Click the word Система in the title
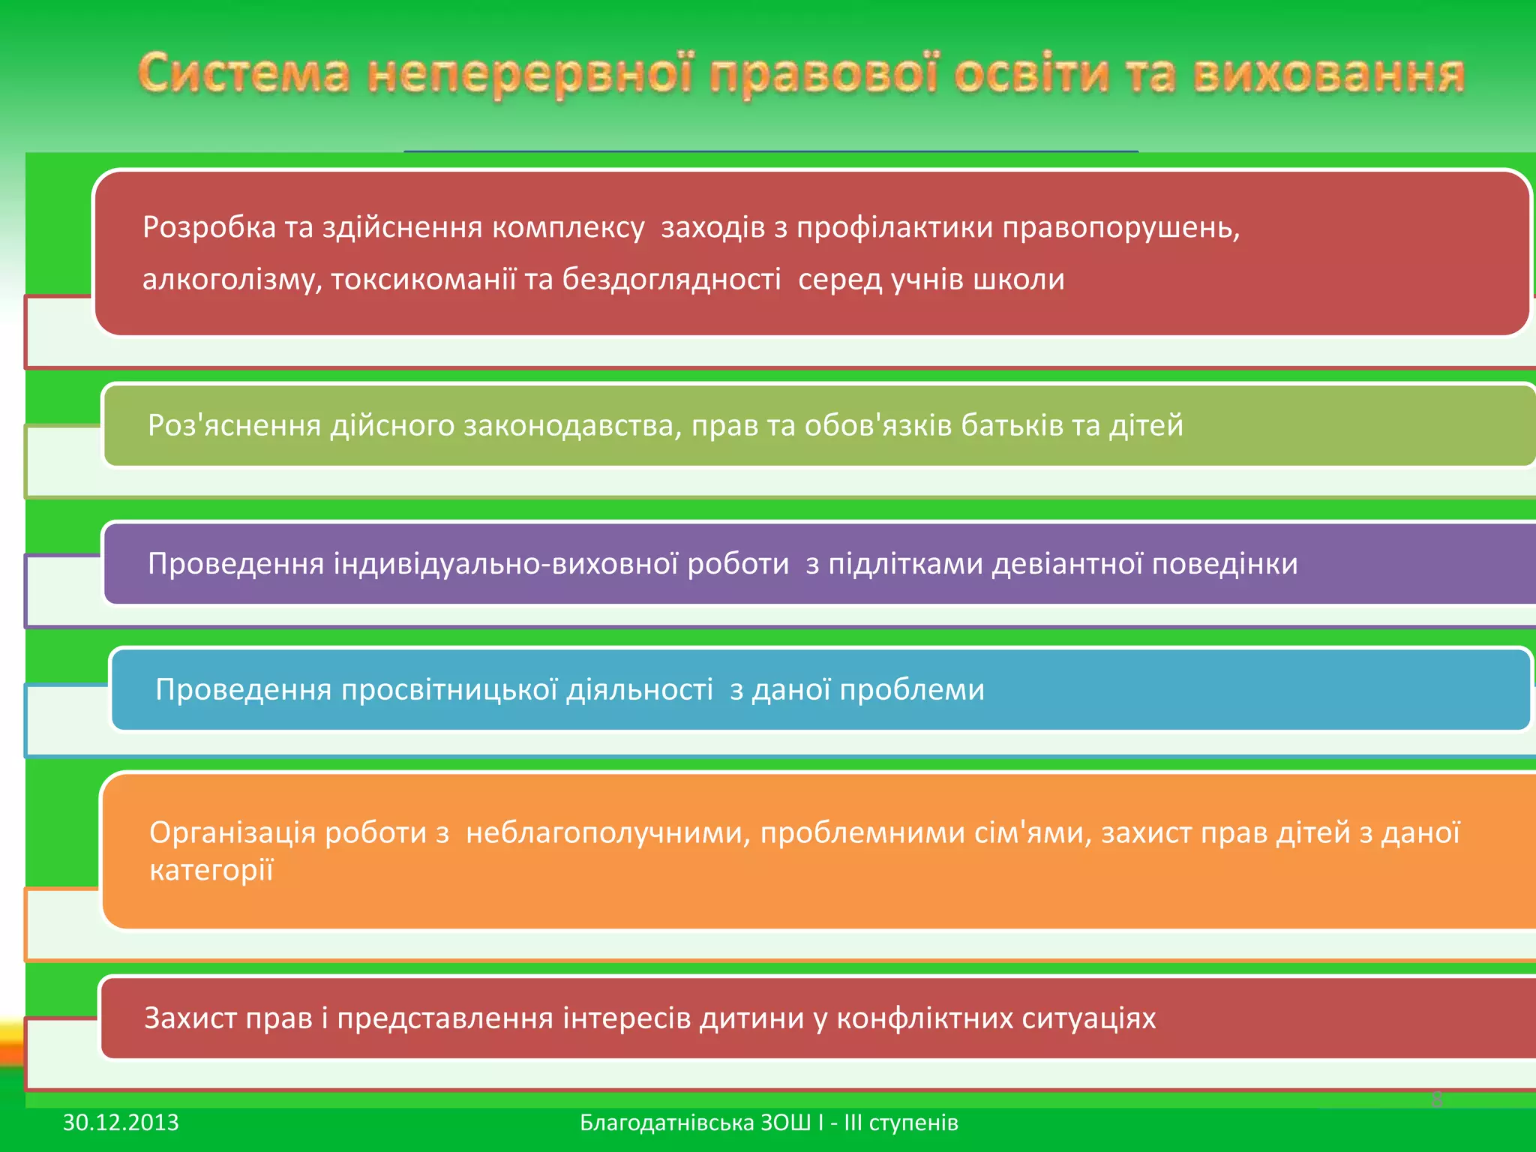click(x=244, y=75)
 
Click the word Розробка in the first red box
click(x=209, y=227)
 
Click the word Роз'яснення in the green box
click(x=234, y=425)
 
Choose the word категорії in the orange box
click(x=211, y=871)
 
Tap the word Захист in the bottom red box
click(x=190, y=1018)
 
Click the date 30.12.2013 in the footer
click(x=121, y=1123)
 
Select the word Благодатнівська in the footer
click(x=667, y=1123)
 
